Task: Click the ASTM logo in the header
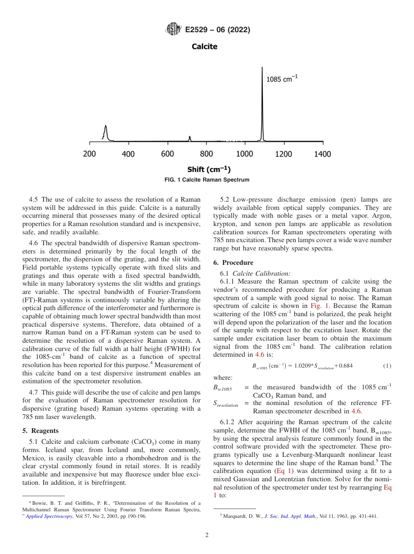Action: [x=173, y=30]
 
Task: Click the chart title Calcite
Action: [x=204, y=46]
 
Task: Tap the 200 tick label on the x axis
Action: [x=89, y=154]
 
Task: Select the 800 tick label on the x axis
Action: [x=206, y=154]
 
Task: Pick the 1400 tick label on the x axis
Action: [x=322, y=154]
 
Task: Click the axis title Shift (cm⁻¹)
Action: [x=209, y=169]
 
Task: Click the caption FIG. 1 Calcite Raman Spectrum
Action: [x=207, y=179]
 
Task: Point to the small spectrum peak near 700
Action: [x=190, y=138]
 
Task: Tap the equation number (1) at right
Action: [x=387, y=366]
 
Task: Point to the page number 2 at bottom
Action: [x=207, y=535]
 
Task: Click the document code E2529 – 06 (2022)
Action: [x=217, y=30]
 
